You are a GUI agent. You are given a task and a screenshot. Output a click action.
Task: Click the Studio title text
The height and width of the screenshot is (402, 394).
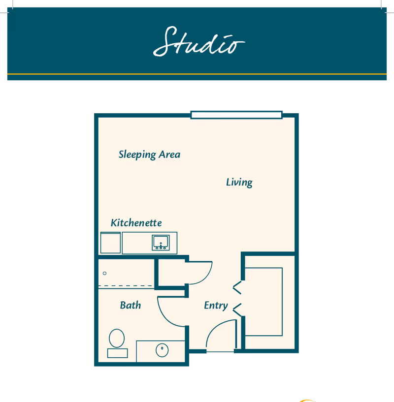[198, 41]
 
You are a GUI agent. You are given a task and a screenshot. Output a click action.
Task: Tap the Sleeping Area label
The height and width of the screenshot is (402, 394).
[149, 155]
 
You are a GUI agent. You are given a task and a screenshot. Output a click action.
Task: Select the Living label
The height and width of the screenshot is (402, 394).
[239, 183]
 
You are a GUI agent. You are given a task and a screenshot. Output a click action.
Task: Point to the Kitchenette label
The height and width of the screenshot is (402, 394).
[136, 223]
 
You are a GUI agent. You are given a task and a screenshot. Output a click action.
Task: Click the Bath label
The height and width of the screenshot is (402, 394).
[131, 306]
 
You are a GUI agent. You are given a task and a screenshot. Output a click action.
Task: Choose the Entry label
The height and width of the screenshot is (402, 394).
[216, 306]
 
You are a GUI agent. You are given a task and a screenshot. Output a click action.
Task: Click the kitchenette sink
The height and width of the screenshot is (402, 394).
[161, 243]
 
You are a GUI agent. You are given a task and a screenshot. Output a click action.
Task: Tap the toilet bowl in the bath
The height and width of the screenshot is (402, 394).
[117, 339]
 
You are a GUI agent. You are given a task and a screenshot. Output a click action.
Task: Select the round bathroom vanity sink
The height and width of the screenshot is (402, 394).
[162, 350]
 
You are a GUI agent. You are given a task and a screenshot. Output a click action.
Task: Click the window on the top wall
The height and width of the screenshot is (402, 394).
[236, 115]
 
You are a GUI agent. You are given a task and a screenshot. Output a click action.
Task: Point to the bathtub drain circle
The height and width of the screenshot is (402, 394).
[105, 273]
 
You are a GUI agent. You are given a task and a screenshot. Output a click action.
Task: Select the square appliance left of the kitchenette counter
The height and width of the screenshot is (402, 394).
[110, 243]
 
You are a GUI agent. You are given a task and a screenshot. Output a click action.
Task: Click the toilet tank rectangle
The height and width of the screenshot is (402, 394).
[117, 353]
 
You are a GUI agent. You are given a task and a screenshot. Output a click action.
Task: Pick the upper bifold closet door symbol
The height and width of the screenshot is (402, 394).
[237, 287]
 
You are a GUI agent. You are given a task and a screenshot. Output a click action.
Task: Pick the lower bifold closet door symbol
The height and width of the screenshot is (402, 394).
[237, 309]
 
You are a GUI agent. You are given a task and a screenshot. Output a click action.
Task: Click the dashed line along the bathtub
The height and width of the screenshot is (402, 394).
[126, 286]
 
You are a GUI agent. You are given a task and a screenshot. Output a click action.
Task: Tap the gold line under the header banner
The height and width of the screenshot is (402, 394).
[197, 74]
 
